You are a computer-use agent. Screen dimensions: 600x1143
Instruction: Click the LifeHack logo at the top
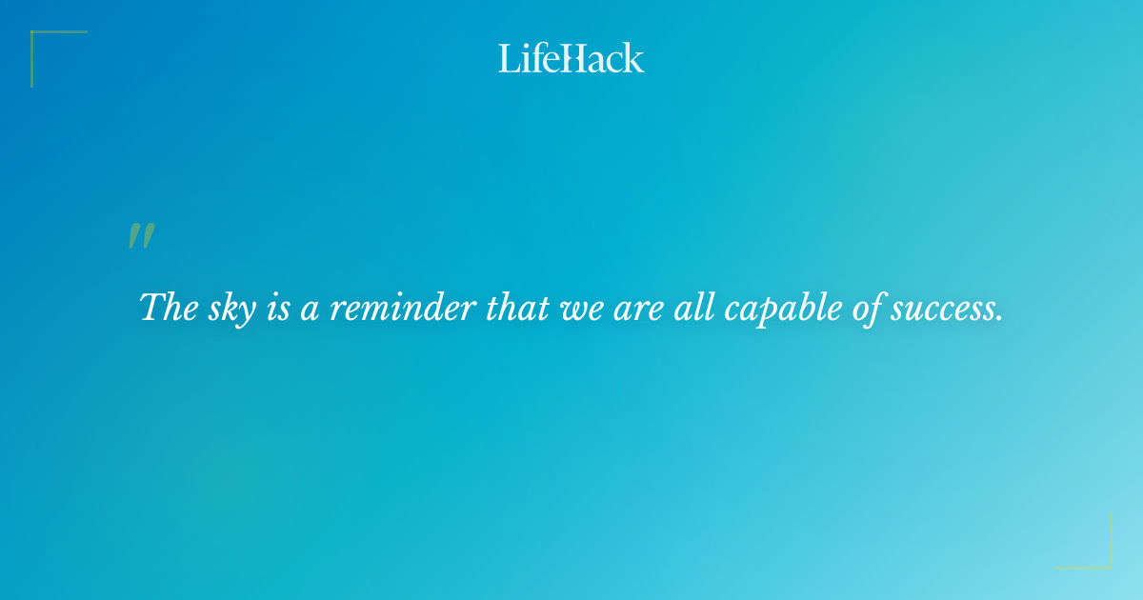[x=571, y=58]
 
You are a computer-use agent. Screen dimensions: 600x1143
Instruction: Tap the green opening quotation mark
[x=141, y=237]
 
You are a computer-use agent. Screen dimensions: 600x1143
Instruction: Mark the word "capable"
[x=753, y=309]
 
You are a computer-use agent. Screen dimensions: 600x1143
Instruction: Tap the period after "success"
[x=999, y=318]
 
